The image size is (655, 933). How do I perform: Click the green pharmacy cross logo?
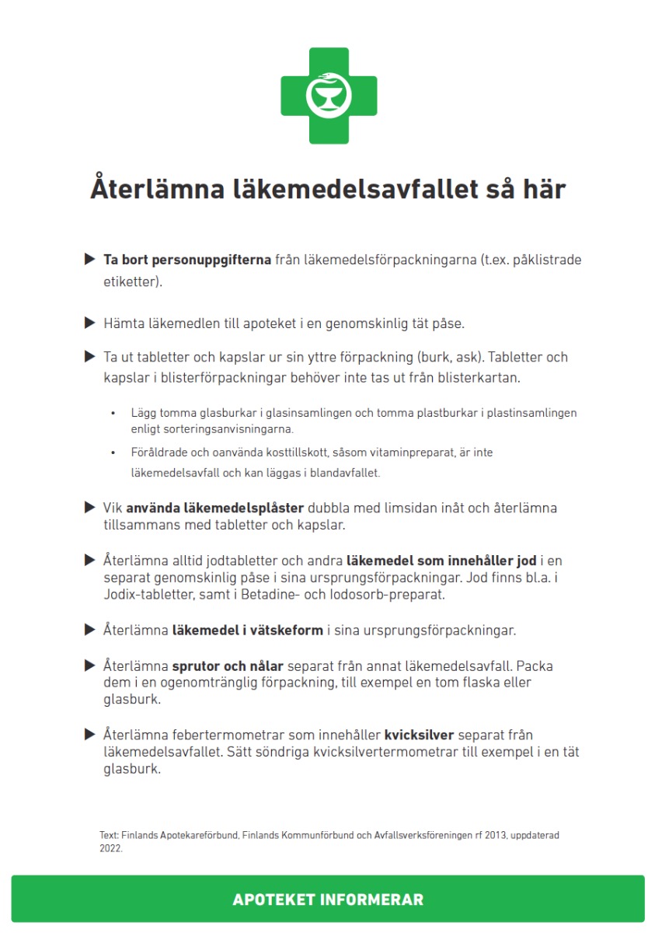pos(328,96)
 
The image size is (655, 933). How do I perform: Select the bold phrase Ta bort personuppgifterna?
pos(187,260)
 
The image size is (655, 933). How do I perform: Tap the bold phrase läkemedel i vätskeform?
pos(247,630)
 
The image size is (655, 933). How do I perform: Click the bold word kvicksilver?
pos(419,735)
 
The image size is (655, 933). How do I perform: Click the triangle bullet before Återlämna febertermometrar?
pos(89,734)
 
